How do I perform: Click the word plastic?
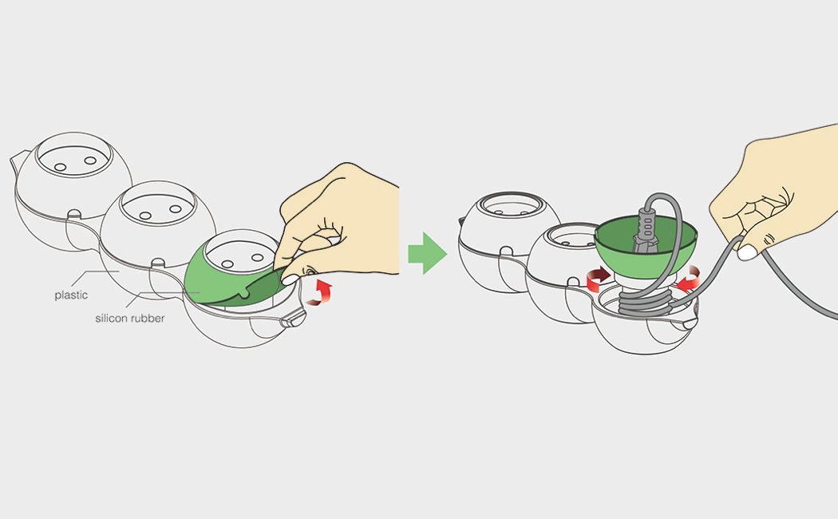71,295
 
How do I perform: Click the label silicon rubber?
130,318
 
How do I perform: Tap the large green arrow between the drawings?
428,253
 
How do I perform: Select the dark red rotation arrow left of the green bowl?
599,278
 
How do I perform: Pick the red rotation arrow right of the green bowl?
688,278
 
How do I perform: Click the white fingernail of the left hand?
291,279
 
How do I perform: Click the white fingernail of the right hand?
747,252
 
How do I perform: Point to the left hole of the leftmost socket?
61,168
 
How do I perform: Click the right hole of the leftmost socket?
90,160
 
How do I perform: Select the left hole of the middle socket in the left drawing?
144,216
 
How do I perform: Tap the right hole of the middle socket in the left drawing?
176,209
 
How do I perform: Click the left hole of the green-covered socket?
227,264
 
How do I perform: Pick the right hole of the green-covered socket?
257,258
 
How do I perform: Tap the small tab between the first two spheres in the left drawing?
74,214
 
